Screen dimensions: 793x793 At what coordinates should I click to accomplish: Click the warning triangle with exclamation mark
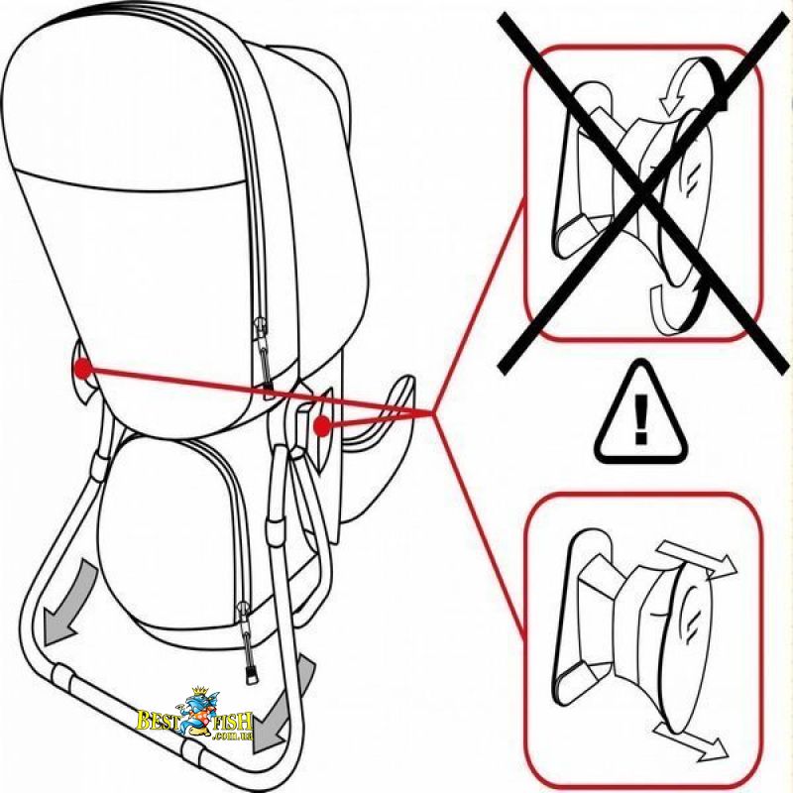click(641, 415)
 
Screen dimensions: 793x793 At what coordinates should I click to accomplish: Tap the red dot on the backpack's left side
click(82, 368)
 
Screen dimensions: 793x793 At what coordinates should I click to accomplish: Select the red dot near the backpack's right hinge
click(320, 426)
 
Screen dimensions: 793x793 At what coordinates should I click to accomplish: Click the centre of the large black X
click(643, 193)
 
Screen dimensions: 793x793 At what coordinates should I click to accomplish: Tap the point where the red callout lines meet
click(434, 413)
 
